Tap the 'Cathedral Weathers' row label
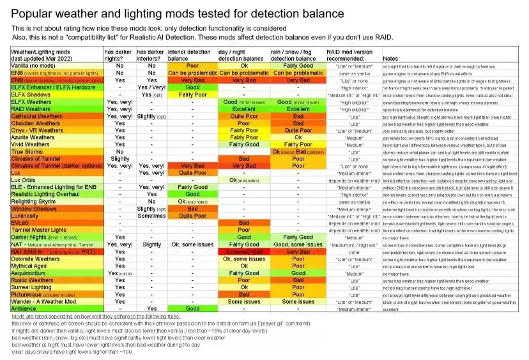click(37, 116)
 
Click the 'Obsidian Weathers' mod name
click(36, 123)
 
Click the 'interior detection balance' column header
click(189, 54)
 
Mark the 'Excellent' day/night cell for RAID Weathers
click(244, 109)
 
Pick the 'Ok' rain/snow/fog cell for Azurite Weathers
click(298, 137)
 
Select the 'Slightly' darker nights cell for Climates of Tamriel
click(120, 158)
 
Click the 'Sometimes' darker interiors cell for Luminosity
click(151, 216)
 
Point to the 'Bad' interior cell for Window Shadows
click(192, 209)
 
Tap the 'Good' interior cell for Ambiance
click(192, 308)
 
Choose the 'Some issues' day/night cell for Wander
click(244, 301)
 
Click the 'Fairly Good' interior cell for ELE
click(192, 187)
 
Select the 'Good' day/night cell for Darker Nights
click(244, 237)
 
